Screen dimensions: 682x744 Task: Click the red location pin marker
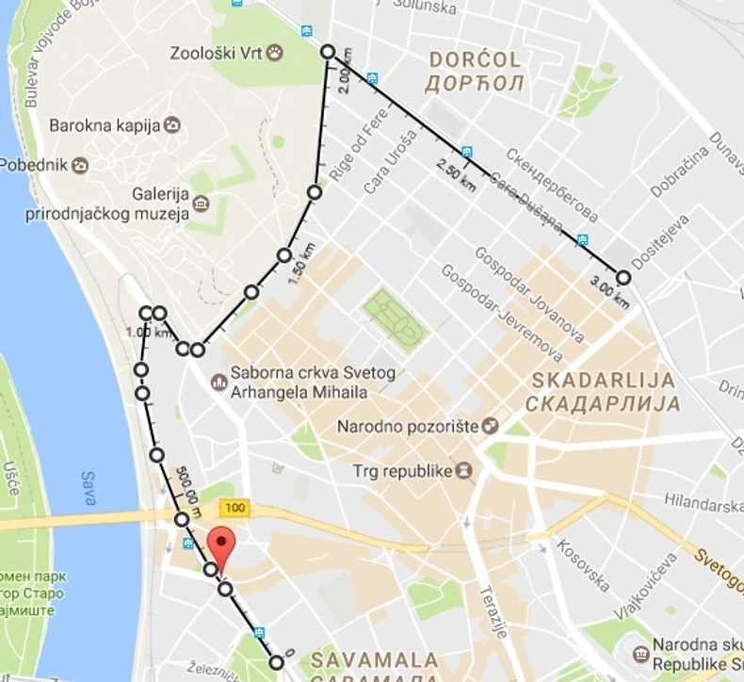(x=219, y=548)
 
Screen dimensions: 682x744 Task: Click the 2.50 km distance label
(x=456, y=175)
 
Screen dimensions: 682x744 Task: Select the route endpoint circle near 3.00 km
(x=623, y=277)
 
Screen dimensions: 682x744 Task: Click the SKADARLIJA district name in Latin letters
(x=604, y=381)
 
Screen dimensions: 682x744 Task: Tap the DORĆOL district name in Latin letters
(x=476, y=60)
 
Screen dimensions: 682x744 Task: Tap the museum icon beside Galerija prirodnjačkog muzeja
(x=201, y=203)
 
